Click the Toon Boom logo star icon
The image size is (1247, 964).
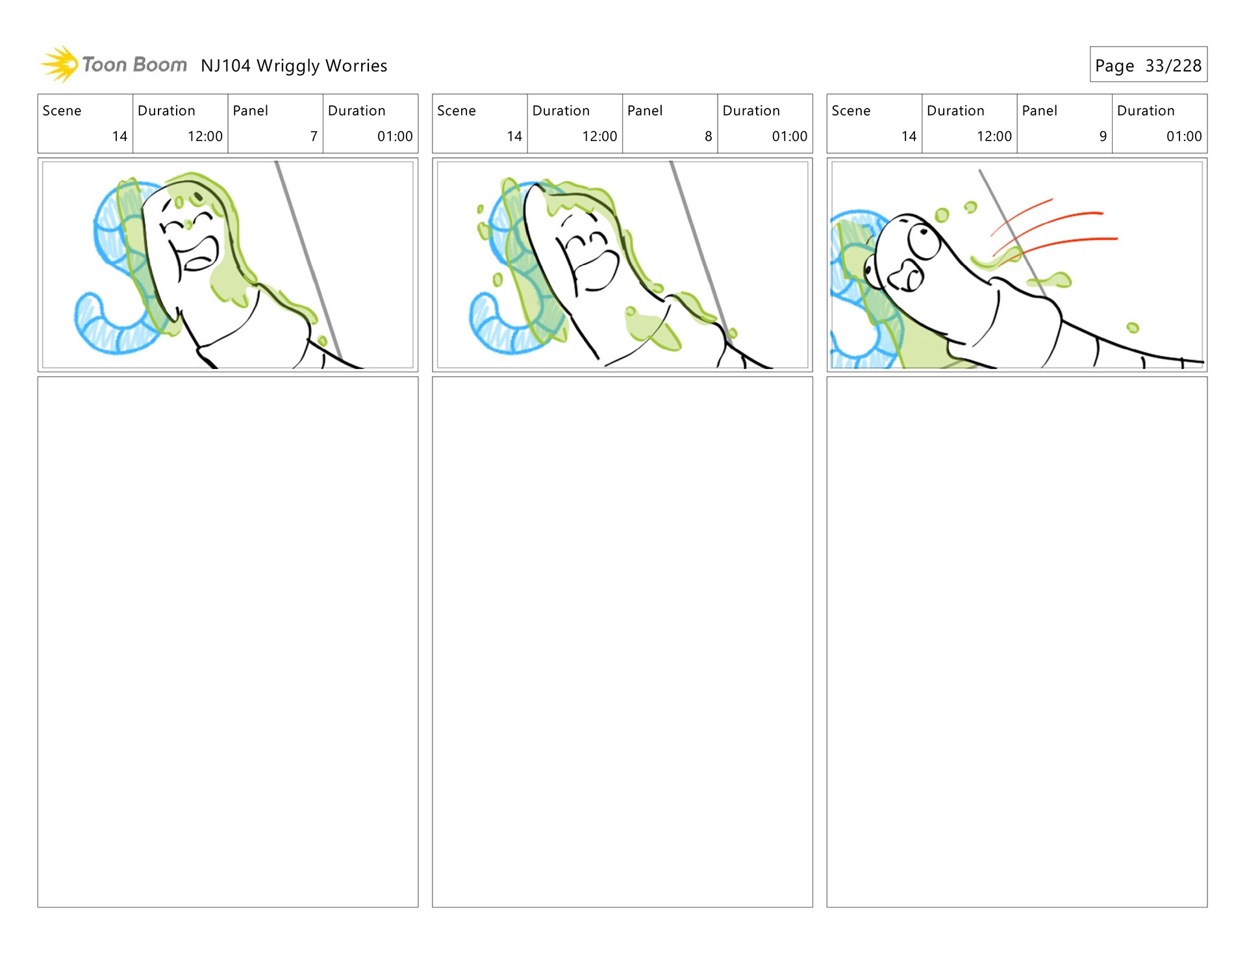[x=60, y=64]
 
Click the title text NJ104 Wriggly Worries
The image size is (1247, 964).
[x=294, y=66]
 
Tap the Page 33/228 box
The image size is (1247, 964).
[x=1148, y=65]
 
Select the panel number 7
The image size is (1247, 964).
[x=314, y=136]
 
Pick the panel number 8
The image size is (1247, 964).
[x=708, y=136]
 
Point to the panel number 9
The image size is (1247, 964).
[x=1102, y=136]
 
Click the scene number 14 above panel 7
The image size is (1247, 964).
[x=120, y=136]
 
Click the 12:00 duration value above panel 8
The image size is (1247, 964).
[x=599, y=136]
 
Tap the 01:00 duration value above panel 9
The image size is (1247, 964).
[x=1183, y=136]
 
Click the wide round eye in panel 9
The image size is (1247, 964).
[x=923, y=240]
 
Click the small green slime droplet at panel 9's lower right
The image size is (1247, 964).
[x=1133, y=327]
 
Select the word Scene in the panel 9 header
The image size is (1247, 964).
[x=850, y=111]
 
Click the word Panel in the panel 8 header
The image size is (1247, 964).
[x=644, y=111]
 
